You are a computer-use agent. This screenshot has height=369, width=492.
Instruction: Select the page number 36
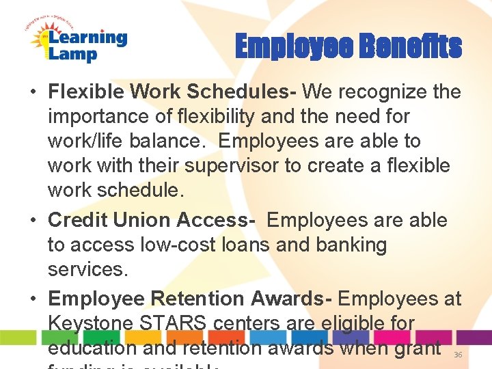(458, 355)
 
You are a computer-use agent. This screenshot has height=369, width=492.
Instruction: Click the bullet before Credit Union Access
(34, 220)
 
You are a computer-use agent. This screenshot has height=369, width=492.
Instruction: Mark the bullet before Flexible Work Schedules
(34, 92)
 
